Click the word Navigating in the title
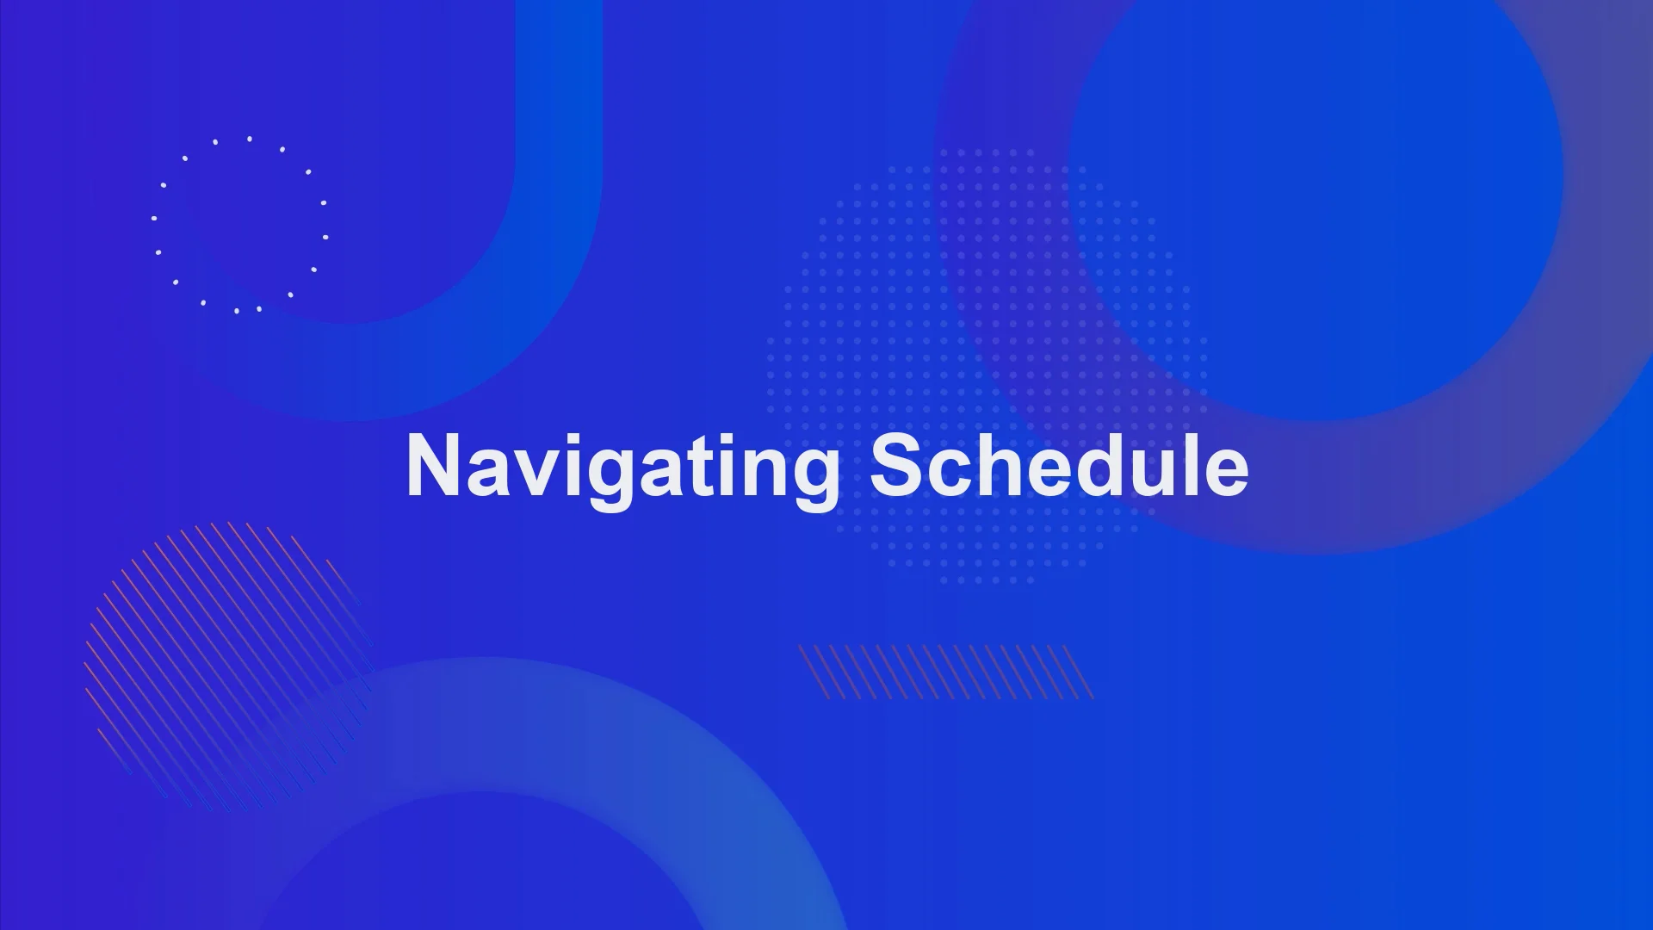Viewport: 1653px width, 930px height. pyautogui.click(x=622, y=467)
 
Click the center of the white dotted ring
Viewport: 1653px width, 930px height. pyautogui.click(x=239, y=225)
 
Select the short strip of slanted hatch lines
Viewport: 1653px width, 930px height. pyautogui.click(x=945, y=672)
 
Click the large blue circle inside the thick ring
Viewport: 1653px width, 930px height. pyautogui.click(x=1316, y=181)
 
